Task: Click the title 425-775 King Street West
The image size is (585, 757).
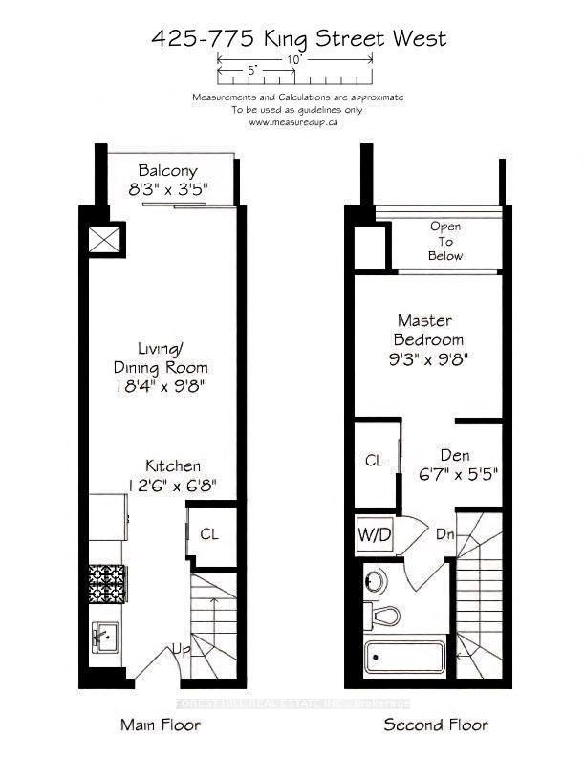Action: point(299,38)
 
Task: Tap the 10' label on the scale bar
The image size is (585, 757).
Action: point(293,60)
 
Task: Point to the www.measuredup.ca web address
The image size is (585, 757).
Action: point(293,122)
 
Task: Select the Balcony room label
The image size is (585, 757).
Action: point(167,171)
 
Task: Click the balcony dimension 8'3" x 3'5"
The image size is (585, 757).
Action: point(167,189)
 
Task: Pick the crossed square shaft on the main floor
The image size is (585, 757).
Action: point(104,240)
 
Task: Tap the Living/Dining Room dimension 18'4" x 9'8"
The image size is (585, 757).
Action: point(162,387)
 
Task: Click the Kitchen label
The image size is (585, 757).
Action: point(173,465)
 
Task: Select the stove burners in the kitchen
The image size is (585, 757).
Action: point(107,584)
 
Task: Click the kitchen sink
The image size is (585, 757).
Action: point(105,638)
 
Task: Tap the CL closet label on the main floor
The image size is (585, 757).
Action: point(209,534)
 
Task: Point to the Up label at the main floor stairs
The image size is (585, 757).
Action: point(182,650)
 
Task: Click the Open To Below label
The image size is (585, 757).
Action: point(445,241)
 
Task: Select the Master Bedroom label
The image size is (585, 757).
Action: point(428,330)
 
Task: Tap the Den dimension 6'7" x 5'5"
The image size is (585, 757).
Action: point(458,475)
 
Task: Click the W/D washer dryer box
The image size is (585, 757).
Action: point(375,535)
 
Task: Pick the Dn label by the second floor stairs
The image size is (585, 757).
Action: point(445,534)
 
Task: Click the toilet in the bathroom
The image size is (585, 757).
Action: point(381,616)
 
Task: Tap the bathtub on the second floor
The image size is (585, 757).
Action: point(404,657)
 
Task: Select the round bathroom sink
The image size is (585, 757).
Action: point(375,580)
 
